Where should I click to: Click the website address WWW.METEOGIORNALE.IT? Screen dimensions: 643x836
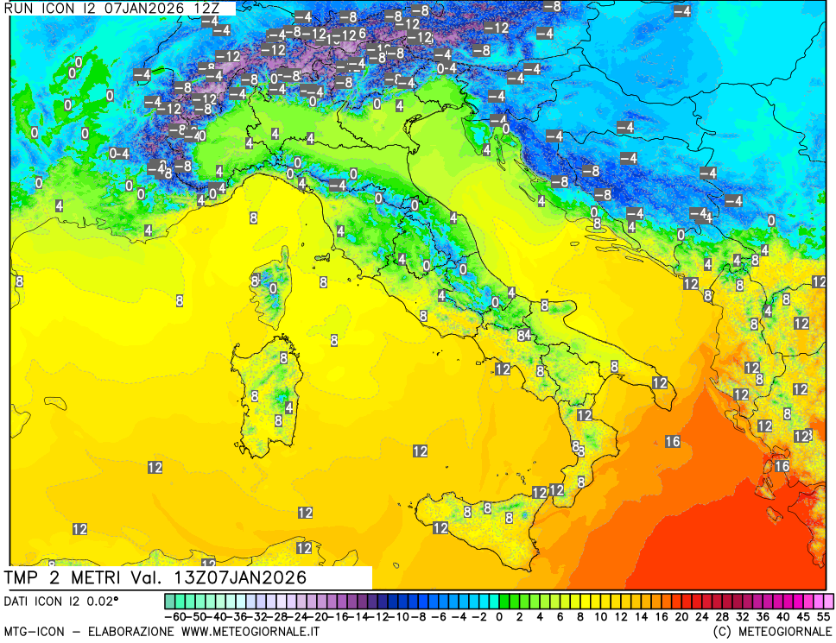pos(250,632)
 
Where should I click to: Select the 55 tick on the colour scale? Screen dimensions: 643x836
pos(823,617)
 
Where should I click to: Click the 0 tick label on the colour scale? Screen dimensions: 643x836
pos(499,617)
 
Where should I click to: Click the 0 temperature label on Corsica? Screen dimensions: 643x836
pos(273,288)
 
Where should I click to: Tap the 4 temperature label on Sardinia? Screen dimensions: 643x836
pos(288,407)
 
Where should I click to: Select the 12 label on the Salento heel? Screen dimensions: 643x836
pos(660,382)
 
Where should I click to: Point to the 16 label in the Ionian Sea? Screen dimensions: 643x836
pos(673,442)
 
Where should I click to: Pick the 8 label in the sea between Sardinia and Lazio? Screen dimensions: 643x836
pos(334,341)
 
